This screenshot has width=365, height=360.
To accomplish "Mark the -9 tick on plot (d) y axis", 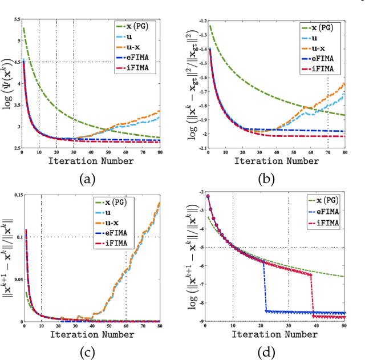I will pyautogui.click(x=199, y=321).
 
